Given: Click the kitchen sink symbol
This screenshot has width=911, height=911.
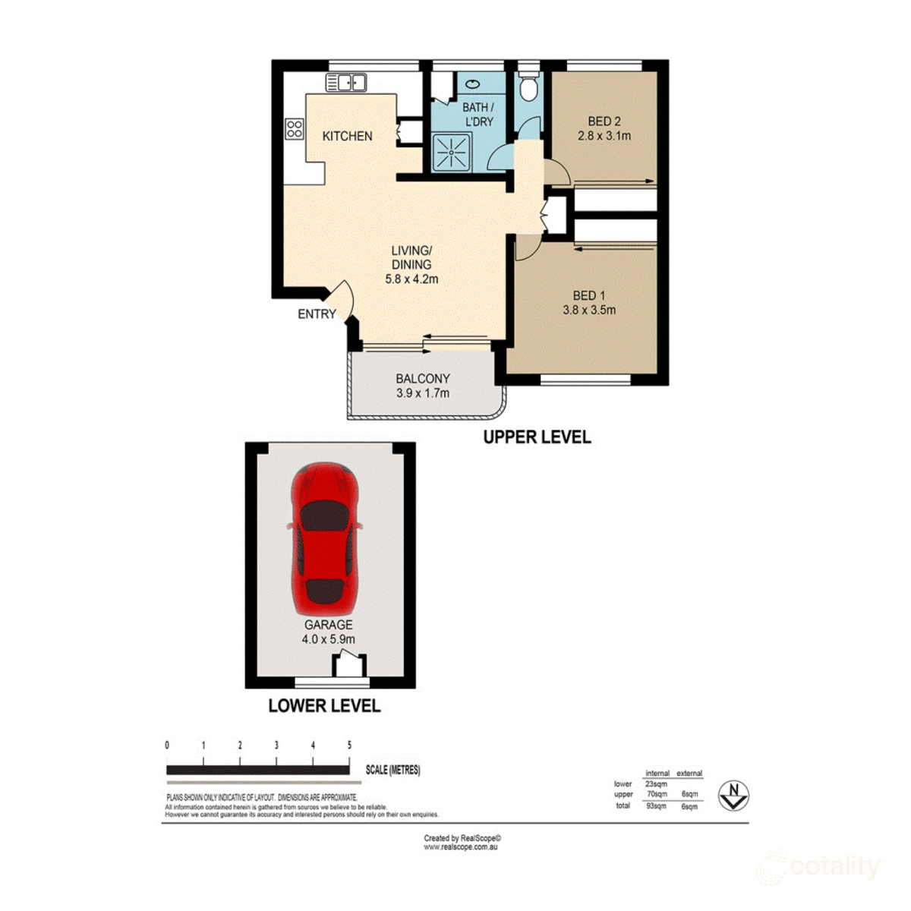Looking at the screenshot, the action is tap(346, 82).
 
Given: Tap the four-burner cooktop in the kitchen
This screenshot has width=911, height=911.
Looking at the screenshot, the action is tap(294, 128).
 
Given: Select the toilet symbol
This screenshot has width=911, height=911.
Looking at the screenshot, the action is tap(528, 86).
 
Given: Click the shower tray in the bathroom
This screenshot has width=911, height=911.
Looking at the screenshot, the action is tap(452, 153).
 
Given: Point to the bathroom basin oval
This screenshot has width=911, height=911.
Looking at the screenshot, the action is tap(473, 84).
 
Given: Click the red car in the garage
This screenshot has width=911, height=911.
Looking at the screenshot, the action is tap(325, 539).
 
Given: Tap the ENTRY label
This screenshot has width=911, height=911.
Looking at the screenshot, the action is tap(317, 314).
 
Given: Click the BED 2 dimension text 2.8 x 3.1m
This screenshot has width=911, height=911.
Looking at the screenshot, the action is tap(604, 136).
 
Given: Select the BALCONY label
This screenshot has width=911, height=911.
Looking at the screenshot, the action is tap(423, 379).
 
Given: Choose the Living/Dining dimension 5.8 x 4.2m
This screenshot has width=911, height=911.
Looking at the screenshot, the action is tap(411, 279).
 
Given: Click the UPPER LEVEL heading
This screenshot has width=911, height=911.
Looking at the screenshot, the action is tap(537, 437).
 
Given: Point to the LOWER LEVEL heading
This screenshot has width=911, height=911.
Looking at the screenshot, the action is tap(324, 706).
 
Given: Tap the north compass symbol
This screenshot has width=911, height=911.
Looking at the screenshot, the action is tap(733, 796).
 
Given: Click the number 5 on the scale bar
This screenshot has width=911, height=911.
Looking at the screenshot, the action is tap(349, 746).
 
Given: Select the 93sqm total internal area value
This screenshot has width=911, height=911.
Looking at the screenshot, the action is tap(656, 806).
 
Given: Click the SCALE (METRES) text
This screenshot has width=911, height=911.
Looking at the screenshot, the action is tap(392, 770).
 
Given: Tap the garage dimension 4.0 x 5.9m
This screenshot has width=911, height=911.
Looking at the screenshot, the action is tap(329, 639).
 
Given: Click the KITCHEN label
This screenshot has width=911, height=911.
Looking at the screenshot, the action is tap(348, 136).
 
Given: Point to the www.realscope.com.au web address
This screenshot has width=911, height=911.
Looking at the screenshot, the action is tap(461, 847).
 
